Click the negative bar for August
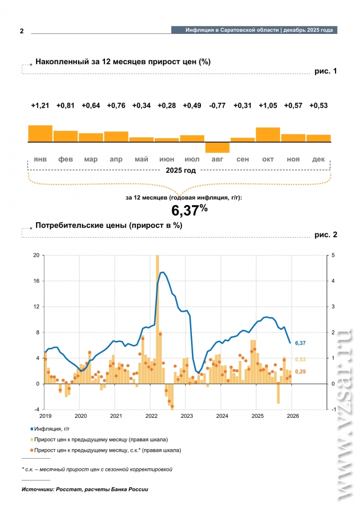(217, 147)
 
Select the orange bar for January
(40, 134)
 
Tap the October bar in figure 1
(268, 135)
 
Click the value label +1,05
(268, 106)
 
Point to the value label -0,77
(217, 106)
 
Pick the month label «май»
(141, 160)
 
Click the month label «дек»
(319, 160)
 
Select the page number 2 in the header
(22, 31)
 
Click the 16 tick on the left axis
(36, 281)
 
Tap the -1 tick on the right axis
(332, 409)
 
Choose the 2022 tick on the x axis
(151, 416)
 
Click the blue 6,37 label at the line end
(300, 344)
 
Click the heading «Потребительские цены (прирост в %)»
(109, 225)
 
